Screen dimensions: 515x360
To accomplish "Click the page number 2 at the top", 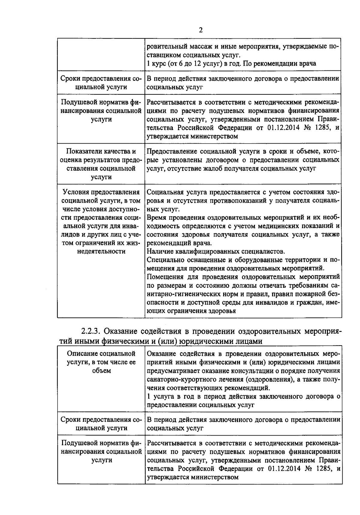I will [x=201, y=30].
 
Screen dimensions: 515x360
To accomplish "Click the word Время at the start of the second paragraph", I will [x=158, y=218].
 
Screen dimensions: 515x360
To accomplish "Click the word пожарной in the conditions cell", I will [x=311, y=294].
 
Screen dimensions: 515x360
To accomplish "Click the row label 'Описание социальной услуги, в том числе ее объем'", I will [x=101, y=362].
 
